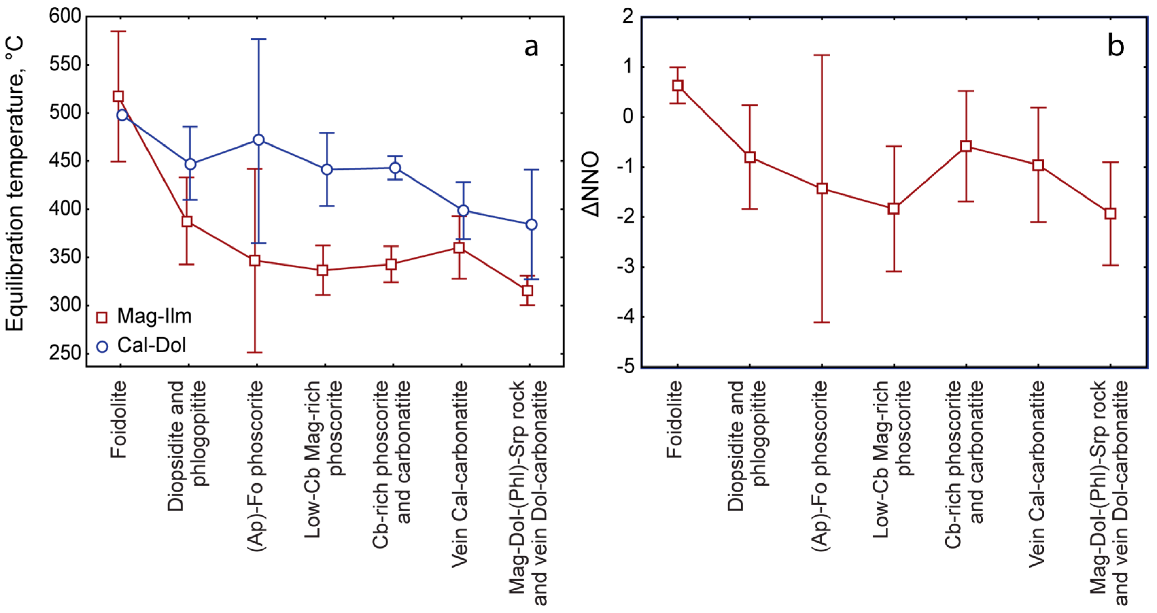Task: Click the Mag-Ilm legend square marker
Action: [x=102, y=317]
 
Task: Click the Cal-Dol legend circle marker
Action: [x=102, y=346]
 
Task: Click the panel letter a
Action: [x=531, y=47]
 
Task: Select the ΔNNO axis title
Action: [x=591, y=184]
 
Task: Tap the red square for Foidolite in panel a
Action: [x=118, y=96]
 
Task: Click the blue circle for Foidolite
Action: [x=122, y=115]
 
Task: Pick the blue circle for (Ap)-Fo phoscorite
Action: [x=258, y=140]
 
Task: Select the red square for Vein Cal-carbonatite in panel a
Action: [x=459, y=248]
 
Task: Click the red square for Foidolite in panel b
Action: [x=678, y=86]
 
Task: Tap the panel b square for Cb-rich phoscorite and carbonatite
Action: [x=966, y=146]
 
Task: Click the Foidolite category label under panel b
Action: [x=674, y=419]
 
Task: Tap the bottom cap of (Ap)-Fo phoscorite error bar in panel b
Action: [x=822, y=322]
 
